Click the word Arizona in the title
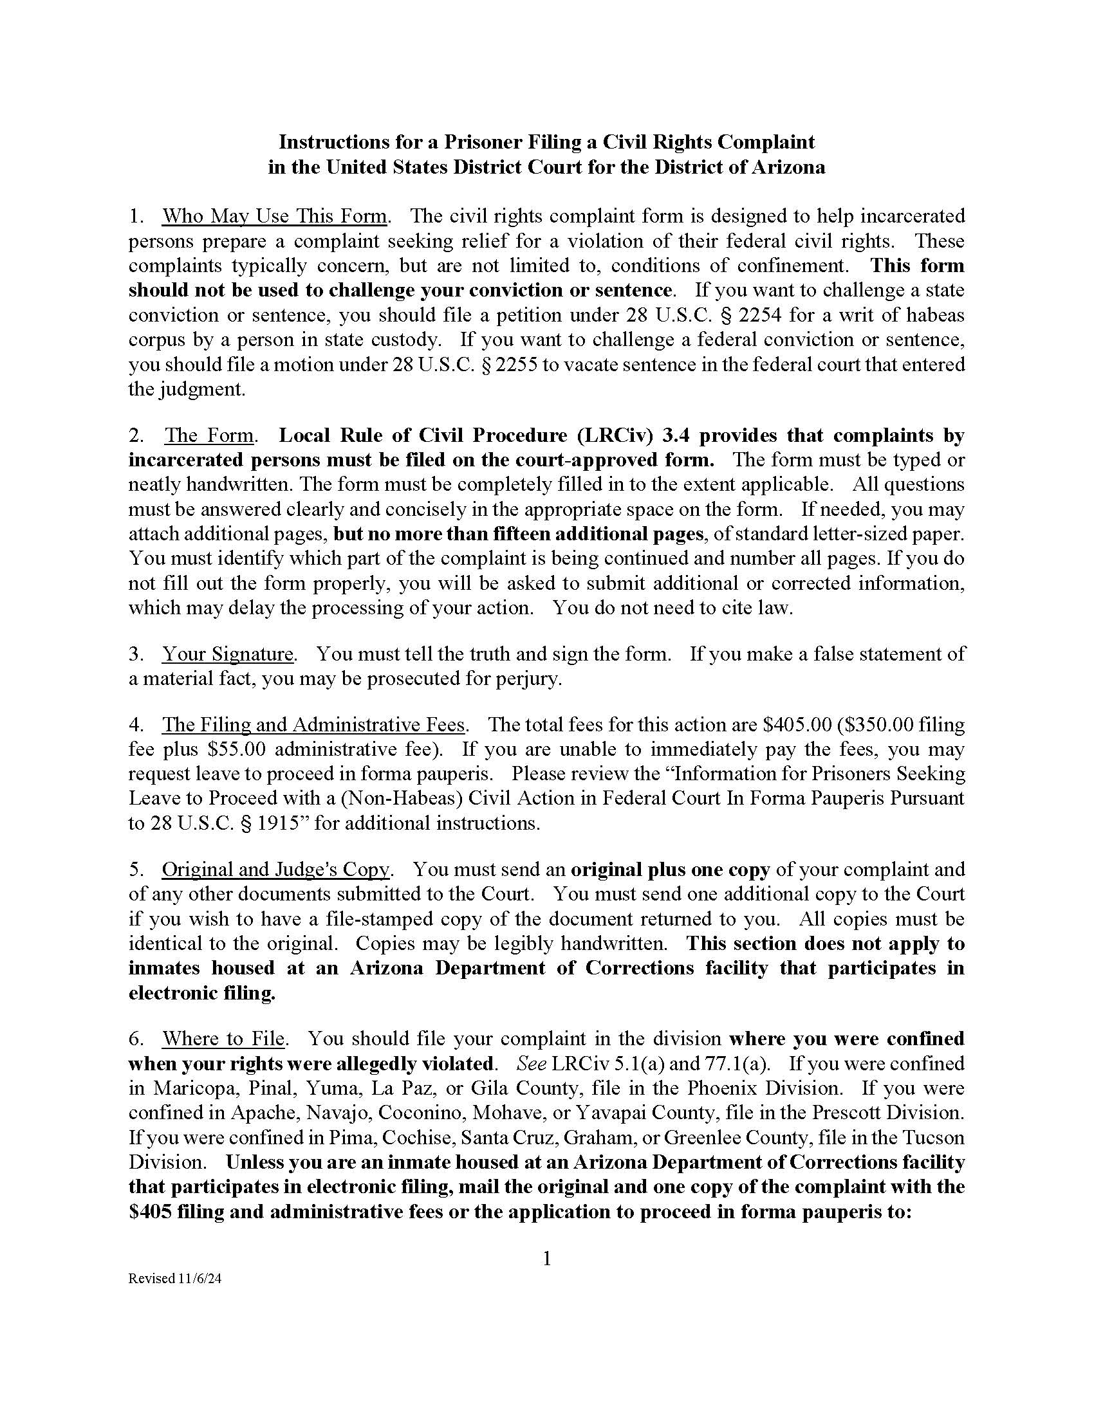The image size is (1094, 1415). click(788, 167)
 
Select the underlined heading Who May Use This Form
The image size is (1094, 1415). click(275, 215)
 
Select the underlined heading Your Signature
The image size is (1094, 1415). click(228, 653)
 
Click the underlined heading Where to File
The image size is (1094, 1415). click(223, 1039)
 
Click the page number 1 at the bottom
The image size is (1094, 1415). click(546, 1259)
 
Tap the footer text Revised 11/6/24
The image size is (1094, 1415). click(174, 1279)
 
